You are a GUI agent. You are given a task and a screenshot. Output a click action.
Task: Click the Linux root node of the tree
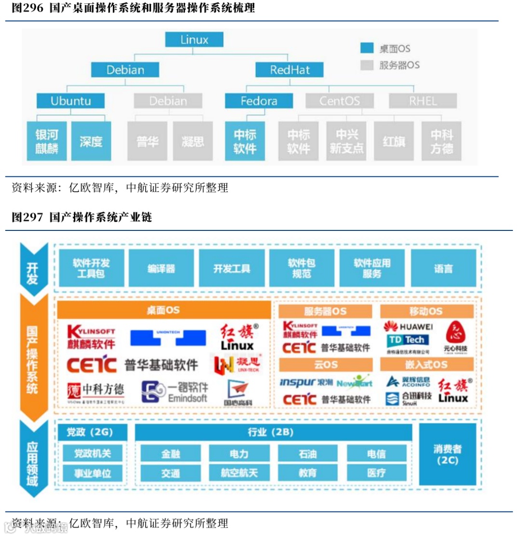coord(194,40)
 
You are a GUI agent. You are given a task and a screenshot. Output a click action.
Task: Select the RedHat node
coord(289,70)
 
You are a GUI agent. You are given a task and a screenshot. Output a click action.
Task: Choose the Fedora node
coord(259,101)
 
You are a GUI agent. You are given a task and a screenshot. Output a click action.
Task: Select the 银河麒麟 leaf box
coord(47,141)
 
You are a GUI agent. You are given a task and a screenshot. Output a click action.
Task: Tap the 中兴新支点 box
coord(346,141)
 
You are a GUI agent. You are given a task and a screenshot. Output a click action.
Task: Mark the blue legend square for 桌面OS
coord(367,48)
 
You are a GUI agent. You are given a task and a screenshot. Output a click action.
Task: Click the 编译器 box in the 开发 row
coord(162,268)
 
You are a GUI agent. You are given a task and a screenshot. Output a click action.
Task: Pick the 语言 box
coord(443,268)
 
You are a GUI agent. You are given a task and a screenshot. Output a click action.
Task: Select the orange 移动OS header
coord(426,311)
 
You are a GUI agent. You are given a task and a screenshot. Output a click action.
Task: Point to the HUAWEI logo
coord(408,327)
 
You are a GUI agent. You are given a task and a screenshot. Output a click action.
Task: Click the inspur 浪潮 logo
coord(306,382)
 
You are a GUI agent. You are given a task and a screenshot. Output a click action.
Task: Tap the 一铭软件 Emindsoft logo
coord(175,392)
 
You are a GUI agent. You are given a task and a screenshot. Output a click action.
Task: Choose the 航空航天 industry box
coord(239,473)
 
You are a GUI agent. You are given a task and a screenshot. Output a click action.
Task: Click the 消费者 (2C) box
coord(447,454)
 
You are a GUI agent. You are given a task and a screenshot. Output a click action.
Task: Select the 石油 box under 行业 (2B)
coord(307,454)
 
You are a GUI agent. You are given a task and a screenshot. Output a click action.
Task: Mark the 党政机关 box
coord(92,454)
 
